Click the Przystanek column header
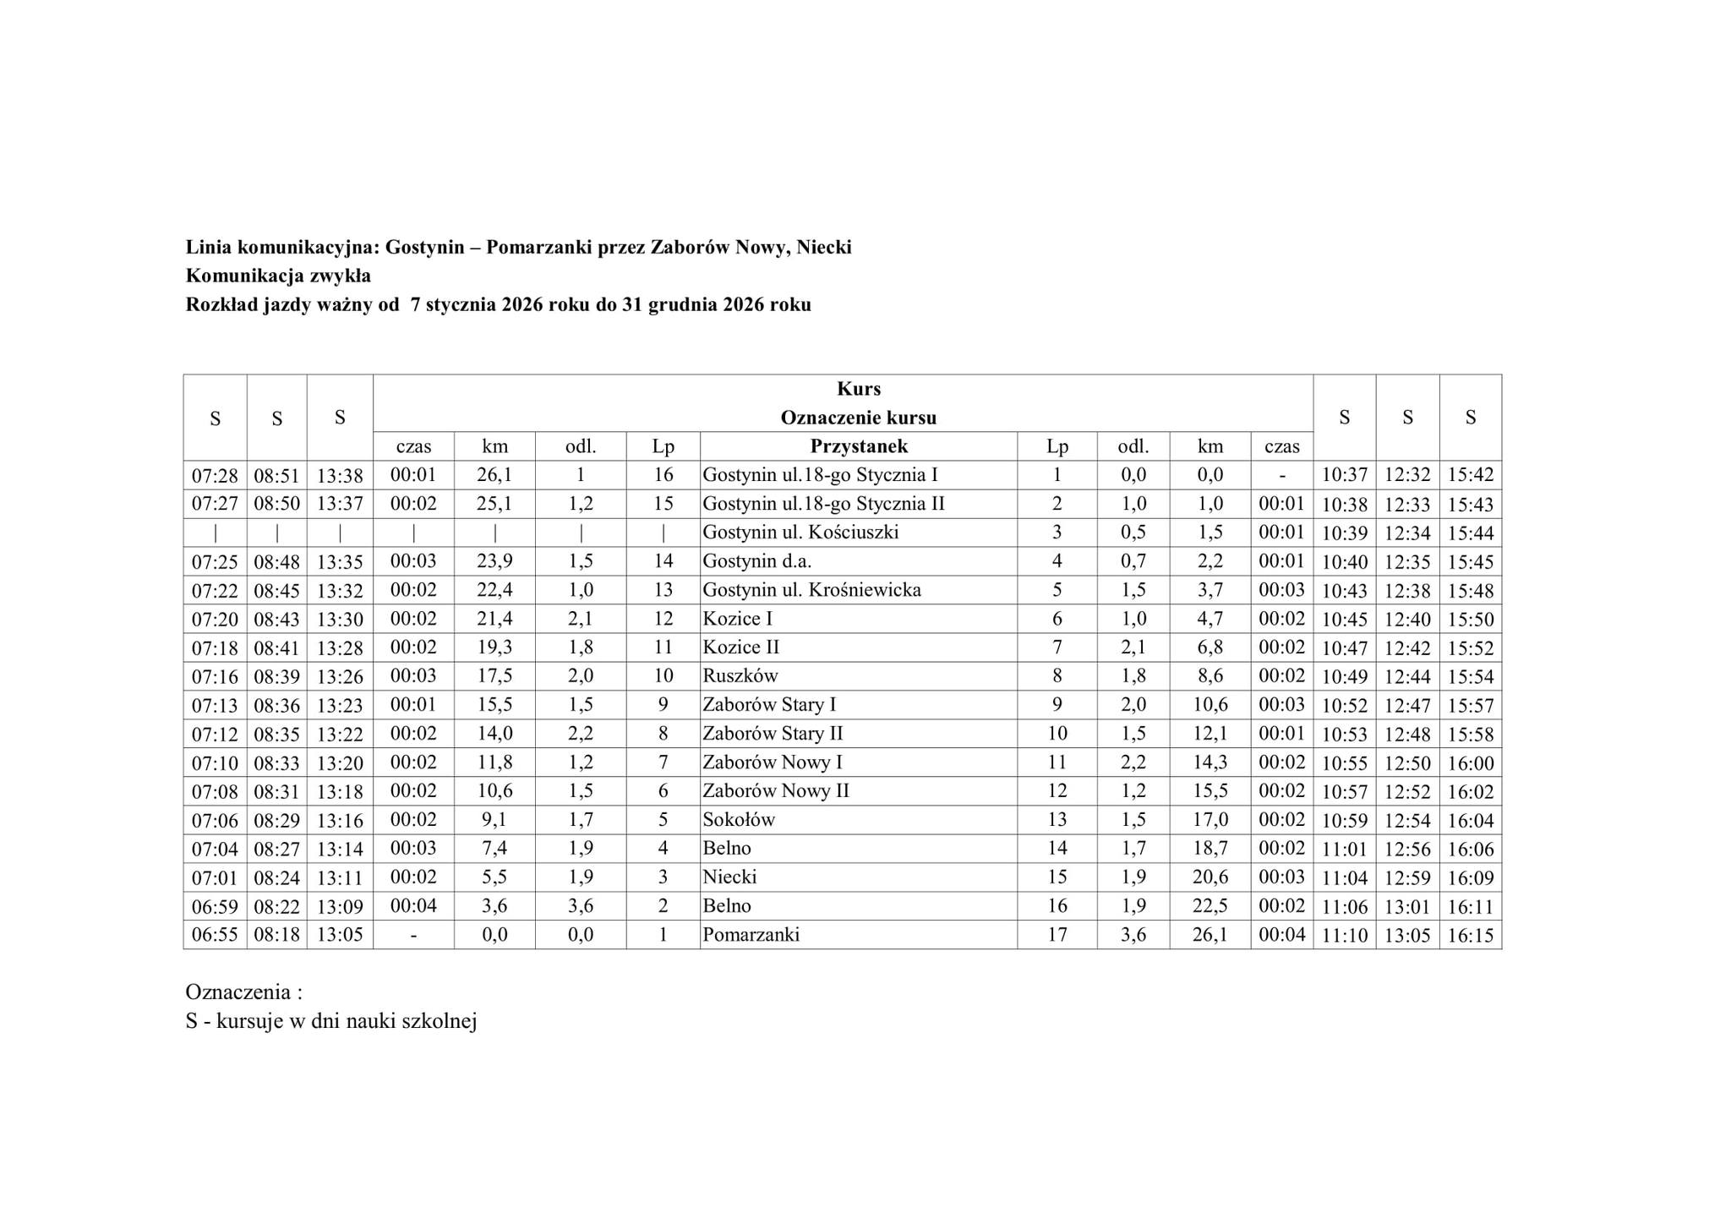click(858, 446)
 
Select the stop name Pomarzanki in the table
click(751, 934)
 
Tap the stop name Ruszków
click(740, 675)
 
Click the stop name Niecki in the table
click(729, 877)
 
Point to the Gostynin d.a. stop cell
click(756, 560)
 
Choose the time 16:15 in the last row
click(1471, 935)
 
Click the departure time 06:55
click(215, 935)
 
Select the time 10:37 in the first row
click(1344, 475)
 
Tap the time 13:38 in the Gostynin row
click(340, 475)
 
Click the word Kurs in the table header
click(859, 389)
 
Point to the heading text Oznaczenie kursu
click(858, 418)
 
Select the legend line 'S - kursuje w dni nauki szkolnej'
click(331, 1021)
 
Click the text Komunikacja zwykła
click(278, 276)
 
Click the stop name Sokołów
click(739, 819)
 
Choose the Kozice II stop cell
click(740, 647)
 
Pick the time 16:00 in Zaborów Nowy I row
click(1471, 762)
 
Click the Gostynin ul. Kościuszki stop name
click(800, 532)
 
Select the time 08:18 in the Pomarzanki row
click(276, 935)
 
